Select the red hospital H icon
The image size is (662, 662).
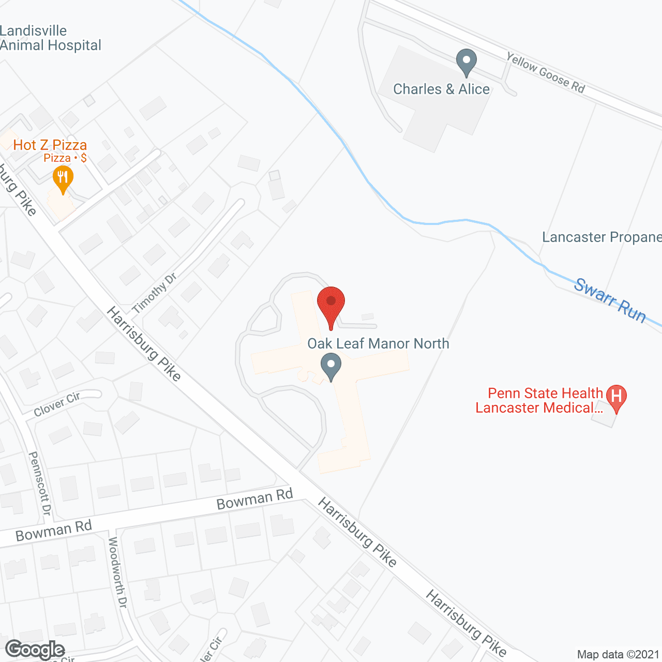coord(616,397)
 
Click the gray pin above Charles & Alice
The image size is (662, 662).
coord(467,62)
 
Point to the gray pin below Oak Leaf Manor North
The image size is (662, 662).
coord(331,366)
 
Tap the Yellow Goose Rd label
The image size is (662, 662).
coord(546,73)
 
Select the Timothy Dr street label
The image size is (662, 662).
coord(154,293)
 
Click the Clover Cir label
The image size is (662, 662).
coord(57,404)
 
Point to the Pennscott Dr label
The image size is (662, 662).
coord(40,483)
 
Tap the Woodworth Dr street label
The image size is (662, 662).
coord(117,572)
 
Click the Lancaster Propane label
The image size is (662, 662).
coord(601,237)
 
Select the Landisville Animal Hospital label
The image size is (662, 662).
coord(50,38)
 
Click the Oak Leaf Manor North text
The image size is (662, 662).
coord(378,343)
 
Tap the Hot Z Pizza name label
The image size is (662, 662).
coord(50,145)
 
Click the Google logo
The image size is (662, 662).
coord(35,650)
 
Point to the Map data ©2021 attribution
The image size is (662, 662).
coord(618,655)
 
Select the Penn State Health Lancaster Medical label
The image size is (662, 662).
coord(539,400)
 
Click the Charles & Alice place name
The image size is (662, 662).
coord(441,89)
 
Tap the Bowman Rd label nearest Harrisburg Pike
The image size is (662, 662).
coord(254,499)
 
